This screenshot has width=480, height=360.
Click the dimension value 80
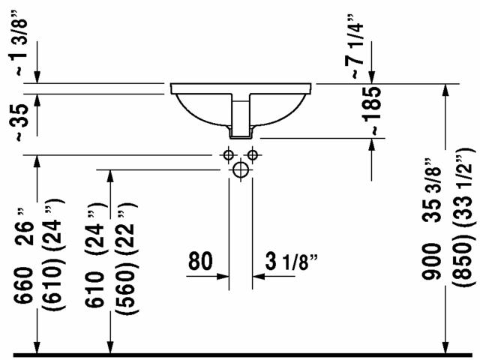pyautogui.click(x=200, y=261)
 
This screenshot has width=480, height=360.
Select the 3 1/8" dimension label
pyautogui.click(x=291, y=262)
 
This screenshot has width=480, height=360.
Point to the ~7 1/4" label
pyautogui.click(x=354, y=46)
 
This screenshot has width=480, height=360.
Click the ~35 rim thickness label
pyautogui.click(x=22, y=123)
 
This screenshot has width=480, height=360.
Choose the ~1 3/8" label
pyautogui.click(x=21, y=42)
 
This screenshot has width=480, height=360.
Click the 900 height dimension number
pyautogui.click(x=432, y=261)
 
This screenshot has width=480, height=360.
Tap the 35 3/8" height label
pyautogui.click(x=432, y=190)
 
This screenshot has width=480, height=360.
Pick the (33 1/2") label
pyautogui.click(x=465, y=192)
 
